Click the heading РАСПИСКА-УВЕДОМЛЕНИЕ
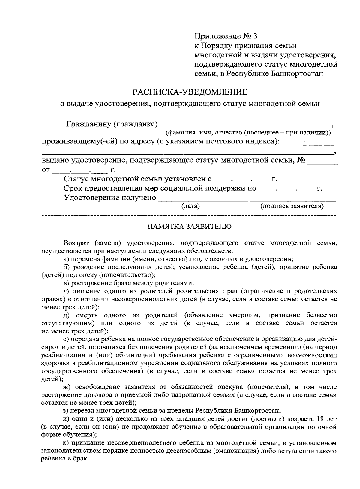pyautogui.click(x=190, y=91)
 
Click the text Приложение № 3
pyautogui.click(x=226, y=36)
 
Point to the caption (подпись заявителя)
pyautogui.click(x=292, y=206)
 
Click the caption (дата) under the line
pyautogui.click(x=190, y=206)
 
